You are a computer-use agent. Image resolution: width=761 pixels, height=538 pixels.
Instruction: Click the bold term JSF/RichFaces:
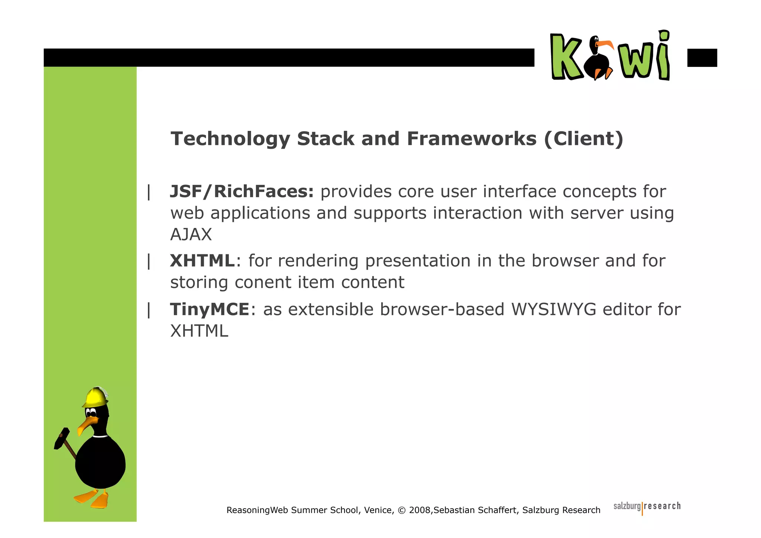[242, 192]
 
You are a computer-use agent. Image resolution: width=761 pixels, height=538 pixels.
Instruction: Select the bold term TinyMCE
[210, 310]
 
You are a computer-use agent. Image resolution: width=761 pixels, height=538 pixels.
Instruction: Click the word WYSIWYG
[554, 310]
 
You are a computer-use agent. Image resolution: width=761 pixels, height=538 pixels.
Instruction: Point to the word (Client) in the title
[583, 139]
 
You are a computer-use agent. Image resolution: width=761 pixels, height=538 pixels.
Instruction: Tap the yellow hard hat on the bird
[95, 397]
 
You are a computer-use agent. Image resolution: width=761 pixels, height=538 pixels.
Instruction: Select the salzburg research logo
[647, 507]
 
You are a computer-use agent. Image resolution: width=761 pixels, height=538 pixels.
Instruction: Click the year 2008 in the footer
[419, 510]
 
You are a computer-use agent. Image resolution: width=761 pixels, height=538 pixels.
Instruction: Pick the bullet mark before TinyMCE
[149, 310]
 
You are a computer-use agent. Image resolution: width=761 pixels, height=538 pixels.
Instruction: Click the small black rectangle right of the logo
[702, 58]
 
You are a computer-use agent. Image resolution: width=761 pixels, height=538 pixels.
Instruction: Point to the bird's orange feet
[93, 498]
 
